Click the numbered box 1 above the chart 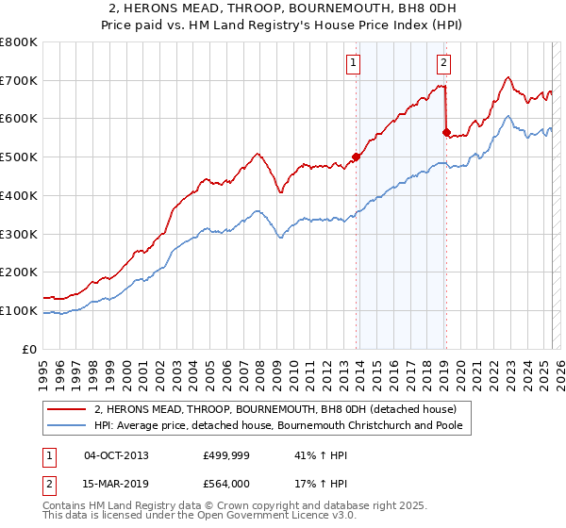click(353, 63)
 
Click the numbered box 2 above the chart click(443, 63)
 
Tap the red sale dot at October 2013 click(357, 157)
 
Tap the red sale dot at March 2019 click(447, 133)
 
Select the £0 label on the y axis click(29, 349)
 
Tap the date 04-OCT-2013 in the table click(116, 454)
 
